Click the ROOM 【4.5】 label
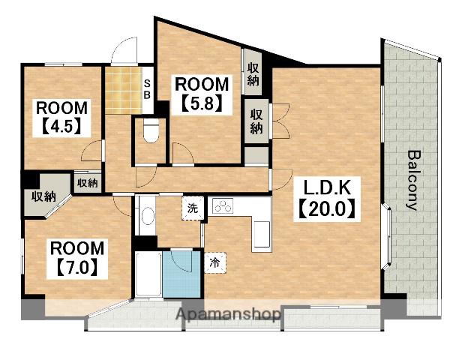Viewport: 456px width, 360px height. pyautogui.click(x=61, y=118)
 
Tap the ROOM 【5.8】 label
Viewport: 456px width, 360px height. pyautogui.click(x=202, y=94)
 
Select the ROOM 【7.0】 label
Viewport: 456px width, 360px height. pyautogui.click(x=77, y=259)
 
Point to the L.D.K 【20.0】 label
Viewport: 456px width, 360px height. pyautogui.click(x=327, y=199)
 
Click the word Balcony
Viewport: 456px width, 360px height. pyautogui.click(x=413, y=180)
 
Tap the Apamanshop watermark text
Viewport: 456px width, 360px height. pyautogui.click(x=229, y=314)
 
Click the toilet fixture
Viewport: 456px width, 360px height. pyautogui.click(x=151, y=130)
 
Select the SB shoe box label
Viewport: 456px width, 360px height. pyautogui.click(x=148, y=89)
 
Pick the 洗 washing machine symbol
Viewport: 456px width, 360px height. pyautogui.click(x=192, y=208)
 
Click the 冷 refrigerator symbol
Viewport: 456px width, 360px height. pyautogui.click(x=215, y=263)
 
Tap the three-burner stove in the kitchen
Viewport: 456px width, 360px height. pyautogui.click(x=223, y=206)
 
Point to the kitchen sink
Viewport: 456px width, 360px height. pyautogui.click(x=262, y=235)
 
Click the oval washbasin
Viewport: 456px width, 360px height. pyautogui.click(x=148, y=216)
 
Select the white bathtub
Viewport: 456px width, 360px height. pyautogui.click(x=148, y=274)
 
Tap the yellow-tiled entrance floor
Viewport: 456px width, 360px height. pyautogui.click(x=124, y=91)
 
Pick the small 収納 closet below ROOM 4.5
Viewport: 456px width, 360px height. pyautogui.click(x=88, y=183)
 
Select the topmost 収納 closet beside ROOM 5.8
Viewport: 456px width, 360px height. pyautogui.click(x=253, y=72)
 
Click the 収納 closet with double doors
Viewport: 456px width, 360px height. pyautogui.click(x=256, y=121)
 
